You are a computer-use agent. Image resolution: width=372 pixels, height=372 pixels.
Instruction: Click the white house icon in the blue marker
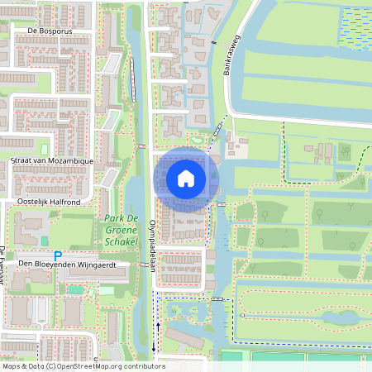click(186, 178)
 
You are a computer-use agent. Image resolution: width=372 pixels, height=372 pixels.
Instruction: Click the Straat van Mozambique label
click(52, 160)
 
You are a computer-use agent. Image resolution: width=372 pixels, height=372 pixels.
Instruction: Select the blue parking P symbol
click(57, 255)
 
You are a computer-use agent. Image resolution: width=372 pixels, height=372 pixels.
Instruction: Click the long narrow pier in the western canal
click(131, 83)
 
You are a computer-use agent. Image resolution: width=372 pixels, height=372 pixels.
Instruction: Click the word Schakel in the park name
click(122, 243)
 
